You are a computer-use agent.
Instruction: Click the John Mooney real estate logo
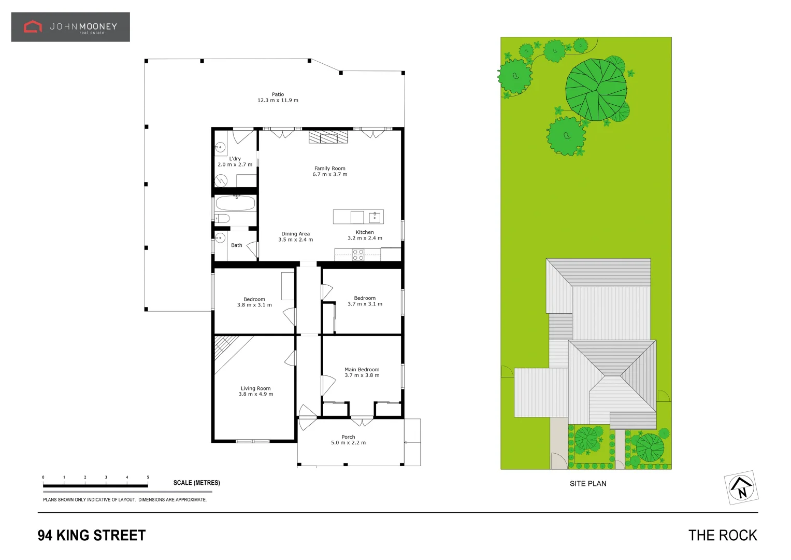pyautogui.click(x=70, y=27)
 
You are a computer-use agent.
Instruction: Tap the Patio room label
pyautogui.click(x=278, y=94)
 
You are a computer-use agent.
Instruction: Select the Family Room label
pyautogui.click(x=329, y=169)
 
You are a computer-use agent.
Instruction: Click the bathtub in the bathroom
pyautogui.click(x=235, y=203)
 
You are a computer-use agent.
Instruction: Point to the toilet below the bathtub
pyautogui.click(x=222, y=218)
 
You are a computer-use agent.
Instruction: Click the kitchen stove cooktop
pyautogui.click(x=358, y=255)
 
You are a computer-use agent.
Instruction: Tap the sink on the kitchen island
pyautogui.click(x=375, y=217)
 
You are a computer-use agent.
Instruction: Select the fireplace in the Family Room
pyautogui.click(x=328, y=137)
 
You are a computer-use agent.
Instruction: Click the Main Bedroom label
pyautogui.click(x=362, y=370)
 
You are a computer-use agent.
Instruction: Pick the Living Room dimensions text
pyautogui.click(x=255, y=394)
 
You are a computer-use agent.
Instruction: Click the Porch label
pyautogui.click(x=348, y=437)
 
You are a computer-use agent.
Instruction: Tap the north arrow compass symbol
pyautogui.click(x=741, y=488)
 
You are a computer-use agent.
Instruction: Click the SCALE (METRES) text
pyautogui.click(x=196, y=483)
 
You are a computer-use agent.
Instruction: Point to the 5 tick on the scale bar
pyautogui.click(x=148, y=478)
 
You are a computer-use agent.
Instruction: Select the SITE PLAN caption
pyautogui.click(x=588, y=484)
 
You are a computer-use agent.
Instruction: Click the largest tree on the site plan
pyautogui.click(x=596, y=89)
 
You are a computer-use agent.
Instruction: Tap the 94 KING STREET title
pyautogui.click(x=92, y=536)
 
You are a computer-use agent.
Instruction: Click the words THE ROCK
pyautogui.click(x=722, y=536)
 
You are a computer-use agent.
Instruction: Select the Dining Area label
pyautogui.click(x=295, y=234)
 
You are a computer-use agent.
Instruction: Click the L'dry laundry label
pyautogui.click(x=235, y=159)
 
